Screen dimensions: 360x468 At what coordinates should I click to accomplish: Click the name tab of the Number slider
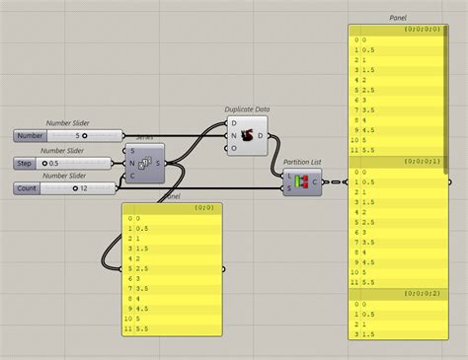31,135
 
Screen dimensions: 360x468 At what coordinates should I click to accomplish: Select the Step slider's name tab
27,163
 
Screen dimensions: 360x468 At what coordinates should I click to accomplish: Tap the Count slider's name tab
29,187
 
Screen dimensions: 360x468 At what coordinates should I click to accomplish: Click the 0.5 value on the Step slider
55,163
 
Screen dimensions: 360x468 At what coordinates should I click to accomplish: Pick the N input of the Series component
132,163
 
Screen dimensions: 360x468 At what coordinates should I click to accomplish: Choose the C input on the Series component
132,176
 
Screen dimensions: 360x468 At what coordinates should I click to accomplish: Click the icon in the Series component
144,163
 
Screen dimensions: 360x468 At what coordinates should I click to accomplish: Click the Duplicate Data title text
248,110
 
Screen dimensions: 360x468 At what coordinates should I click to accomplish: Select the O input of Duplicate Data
233,149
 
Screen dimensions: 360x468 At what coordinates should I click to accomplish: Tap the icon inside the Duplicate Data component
246,136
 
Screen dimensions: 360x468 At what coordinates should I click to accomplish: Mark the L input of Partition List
289,176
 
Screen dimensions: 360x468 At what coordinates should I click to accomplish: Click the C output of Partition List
315,181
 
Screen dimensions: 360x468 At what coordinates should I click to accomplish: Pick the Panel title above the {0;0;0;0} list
398,18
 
